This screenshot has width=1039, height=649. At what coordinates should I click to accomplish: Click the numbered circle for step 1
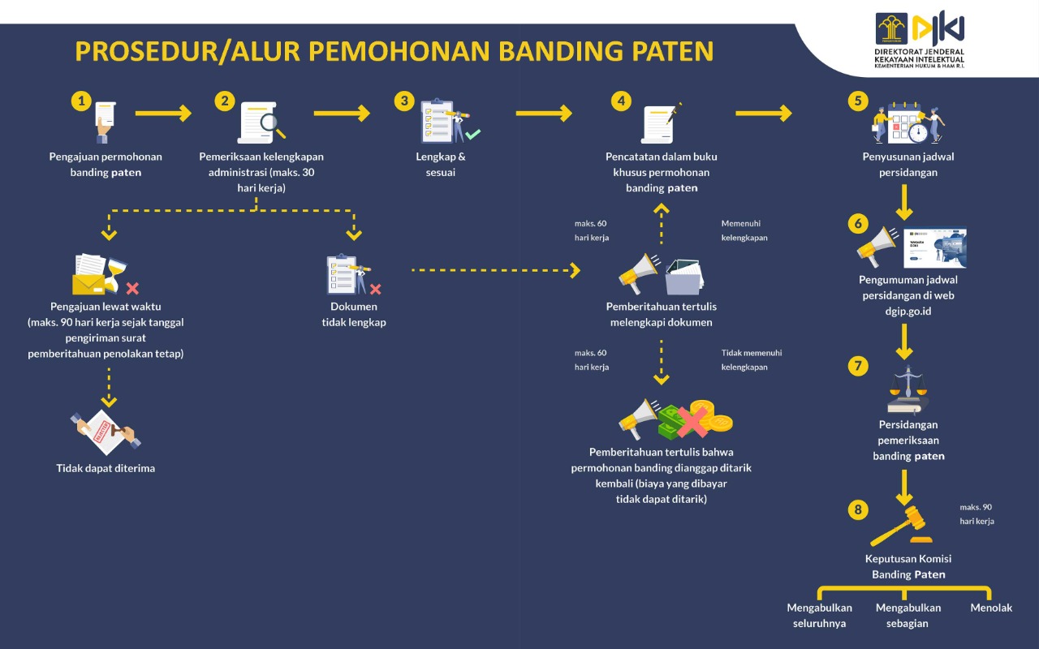(81, 101)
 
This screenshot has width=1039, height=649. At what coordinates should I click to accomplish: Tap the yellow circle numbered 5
(858, 101)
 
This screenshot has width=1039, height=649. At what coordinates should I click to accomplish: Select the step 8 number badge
(858, 509)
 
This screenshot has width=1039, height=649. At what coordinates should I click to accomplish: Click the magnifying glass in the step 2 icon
(272, 126)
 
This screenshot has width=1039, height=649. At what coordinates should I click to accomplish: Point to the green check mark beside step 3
(472, 134)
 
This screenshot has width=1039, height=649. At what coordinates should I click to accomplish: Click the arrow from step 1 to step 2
(163, 113)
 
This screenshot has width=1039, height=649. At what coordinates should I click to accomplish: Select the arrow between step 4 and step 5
(764, 113)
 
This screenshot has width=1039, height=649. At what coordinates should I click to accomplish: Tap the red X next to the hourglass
(132, 288)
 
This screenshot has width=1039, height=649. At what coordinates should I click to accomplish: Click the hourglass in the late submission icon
(115, 275)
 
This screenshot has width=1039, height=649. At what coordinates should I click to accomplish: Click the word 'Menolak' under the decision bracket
(991, 608)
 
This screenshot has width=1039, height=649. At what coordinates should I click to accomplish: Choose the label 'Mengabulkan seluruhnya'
(819, 615)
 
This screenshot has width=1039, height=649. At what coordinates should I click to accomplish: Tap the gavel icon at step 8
(901, 526)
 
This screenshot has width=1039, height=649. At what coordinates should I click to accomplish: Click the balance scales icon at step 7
(908, 389)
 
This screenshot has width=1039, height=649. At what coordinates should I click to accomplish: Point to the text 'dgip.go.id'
(908, 311)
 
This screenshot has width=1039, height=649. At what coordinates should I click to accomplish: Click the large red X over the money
(692, 423)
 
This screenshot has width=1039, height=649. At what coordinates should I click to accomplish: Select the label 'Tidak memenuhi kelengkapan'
(752, 359)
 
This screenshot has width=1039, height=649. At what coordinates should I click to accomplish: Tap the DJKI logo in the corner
(920, 40)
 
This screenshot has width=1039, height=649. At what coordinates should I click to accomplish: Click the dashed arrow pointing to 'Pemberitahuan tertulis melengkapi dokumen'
(496, 270)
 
